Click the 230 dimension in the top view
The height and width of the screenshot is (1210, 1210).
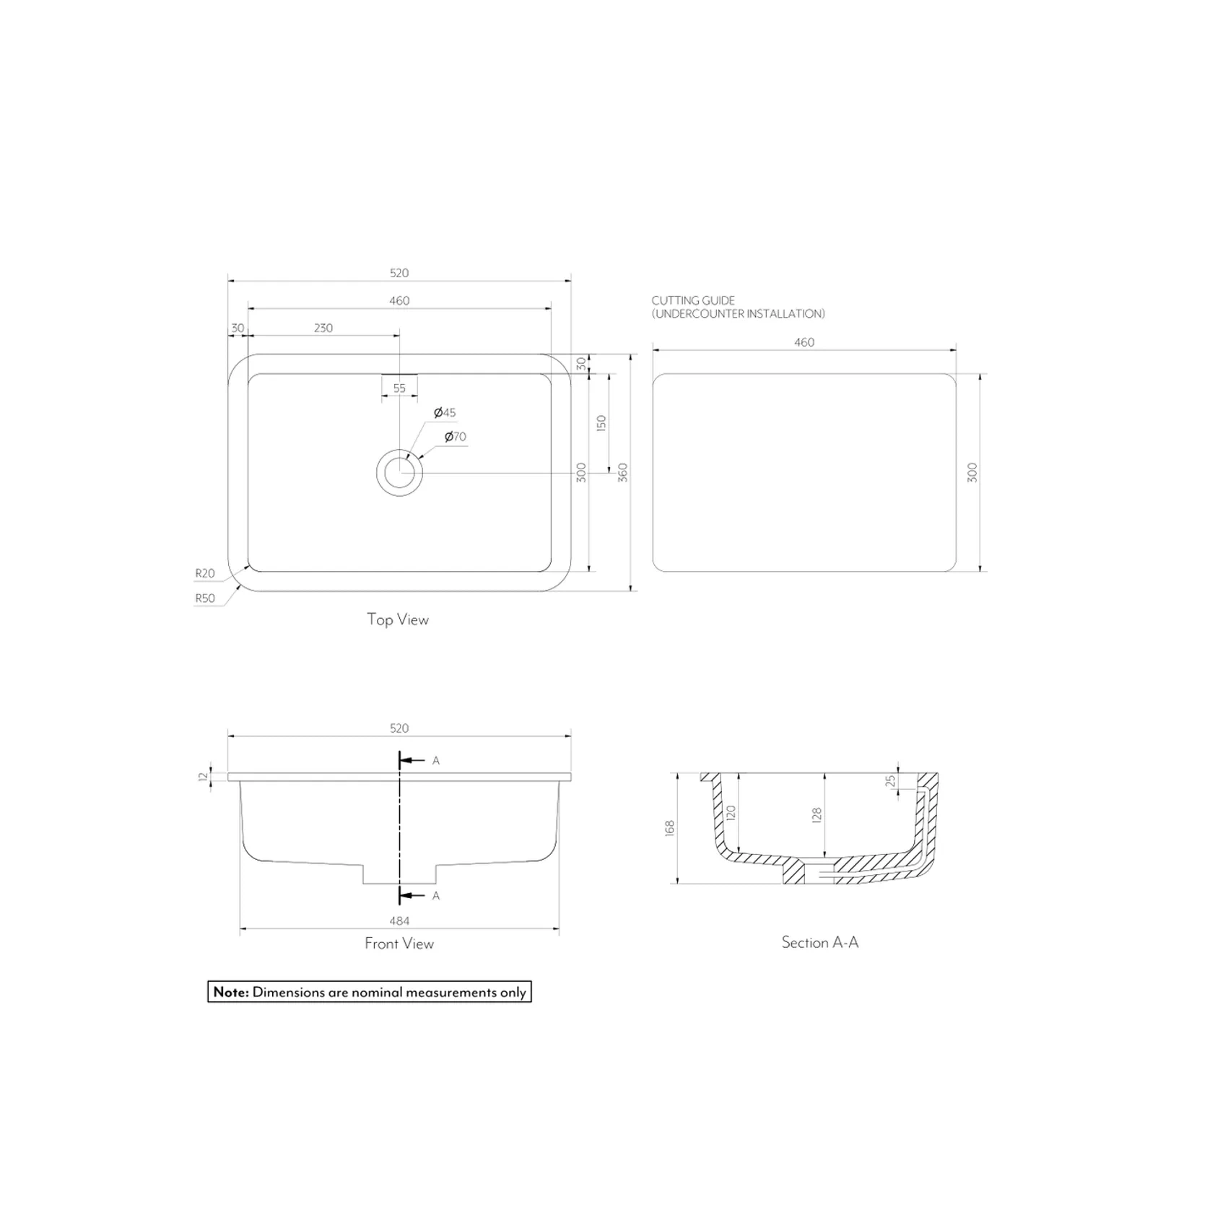pyautogui.click(x=323, y=328)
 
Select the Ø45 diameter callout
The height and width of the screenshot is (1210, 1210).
pyautogui.click(x=445, y=413)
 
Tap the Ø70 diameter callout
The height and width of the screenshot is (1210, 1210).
pyautogui.click(x=456, y=437)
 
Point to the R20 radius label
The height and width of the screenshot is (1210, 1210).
pyautogui.click(x=205, y=573)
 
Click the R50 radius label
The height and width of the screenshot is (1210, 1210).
pyautogui.click(x=205, y=599)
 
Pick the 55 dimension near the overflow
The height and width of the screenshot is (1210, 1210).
pyautogui.click(x=399, y=388)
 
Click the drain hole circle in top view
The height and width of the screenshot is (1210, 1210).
pyautogui.click(x=399, y=473)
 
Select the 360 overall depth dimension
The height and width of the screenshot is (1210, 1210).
pyautogui.click(x=623, y=473)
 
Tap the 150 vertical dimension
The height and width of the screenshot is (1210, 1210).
pyautogui.click(x=601, y=423)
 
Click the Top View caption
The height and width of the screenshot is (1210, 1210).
pyautogui.click(x=398, y=619)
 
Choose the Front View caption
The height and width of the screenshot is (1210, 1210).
pyautogui.click(x=399, y=944)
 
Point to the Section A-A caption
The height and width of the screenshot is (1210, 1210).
pyautogui.click(x=820, y=942)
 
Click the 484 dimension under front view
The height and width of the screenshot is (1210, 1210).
pyautogui.click(x=399, y=920)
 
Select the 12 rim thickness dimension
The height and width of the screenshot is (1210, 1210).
pyautogui.click(x=204, y=777)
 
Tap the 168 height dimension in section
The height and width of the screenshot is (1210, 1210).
pyautogui.click(x=669, y=828)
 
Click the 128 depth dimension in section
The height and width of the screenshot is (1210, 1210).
pyautogui.click(x=817, y=815)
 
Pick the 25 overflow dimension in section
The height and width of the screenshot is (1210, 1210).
pyautogui.click(x=890, y=781)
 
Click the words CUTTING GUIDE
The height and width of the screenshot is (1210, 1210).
pyautogui.click(x=693, y=300)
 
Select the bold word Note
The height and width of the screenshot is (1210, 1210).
pyautogui.click(x=231, y=992)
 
